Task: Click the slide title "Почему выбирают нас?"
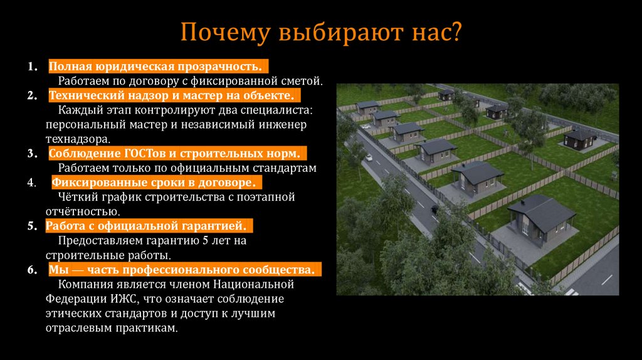320,32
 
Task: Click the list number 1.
31,66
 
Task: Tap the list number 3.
31,153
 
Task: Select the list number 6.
31,270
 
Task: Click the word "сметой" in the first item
302,81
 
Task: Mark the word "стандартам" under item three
285,167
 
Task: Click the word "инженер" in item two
286,124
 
